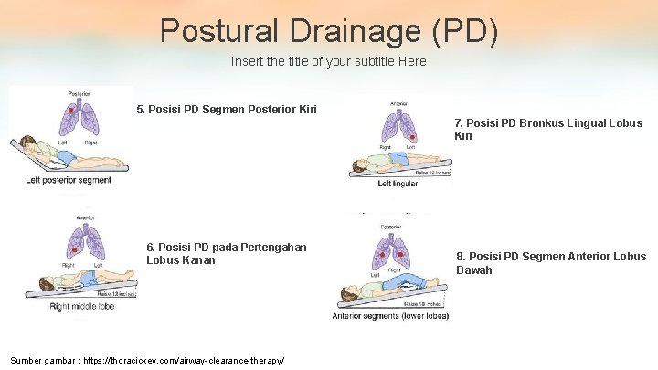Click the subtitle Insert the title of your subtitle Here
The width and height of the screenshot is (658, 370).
328,62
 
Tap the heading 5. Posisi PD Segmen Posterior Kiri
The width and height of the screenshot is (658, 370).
227,110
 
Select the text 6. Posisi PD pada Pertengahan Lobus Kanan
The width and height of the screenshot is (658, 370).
226,253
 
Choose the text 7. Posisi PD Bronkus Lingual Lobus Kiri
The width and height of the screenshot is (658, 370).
548,129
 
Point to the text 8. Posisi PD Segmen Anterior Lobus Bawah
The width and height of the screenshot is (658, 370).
551,263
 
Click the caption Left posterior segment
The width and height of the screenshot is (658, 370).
69,180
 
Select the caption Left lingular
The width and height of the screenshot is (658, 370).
398,184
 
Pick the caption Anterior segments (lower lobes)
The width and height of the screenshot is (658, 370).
390,316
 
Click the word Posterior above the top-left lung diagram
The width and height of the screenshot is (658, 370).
78,94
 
